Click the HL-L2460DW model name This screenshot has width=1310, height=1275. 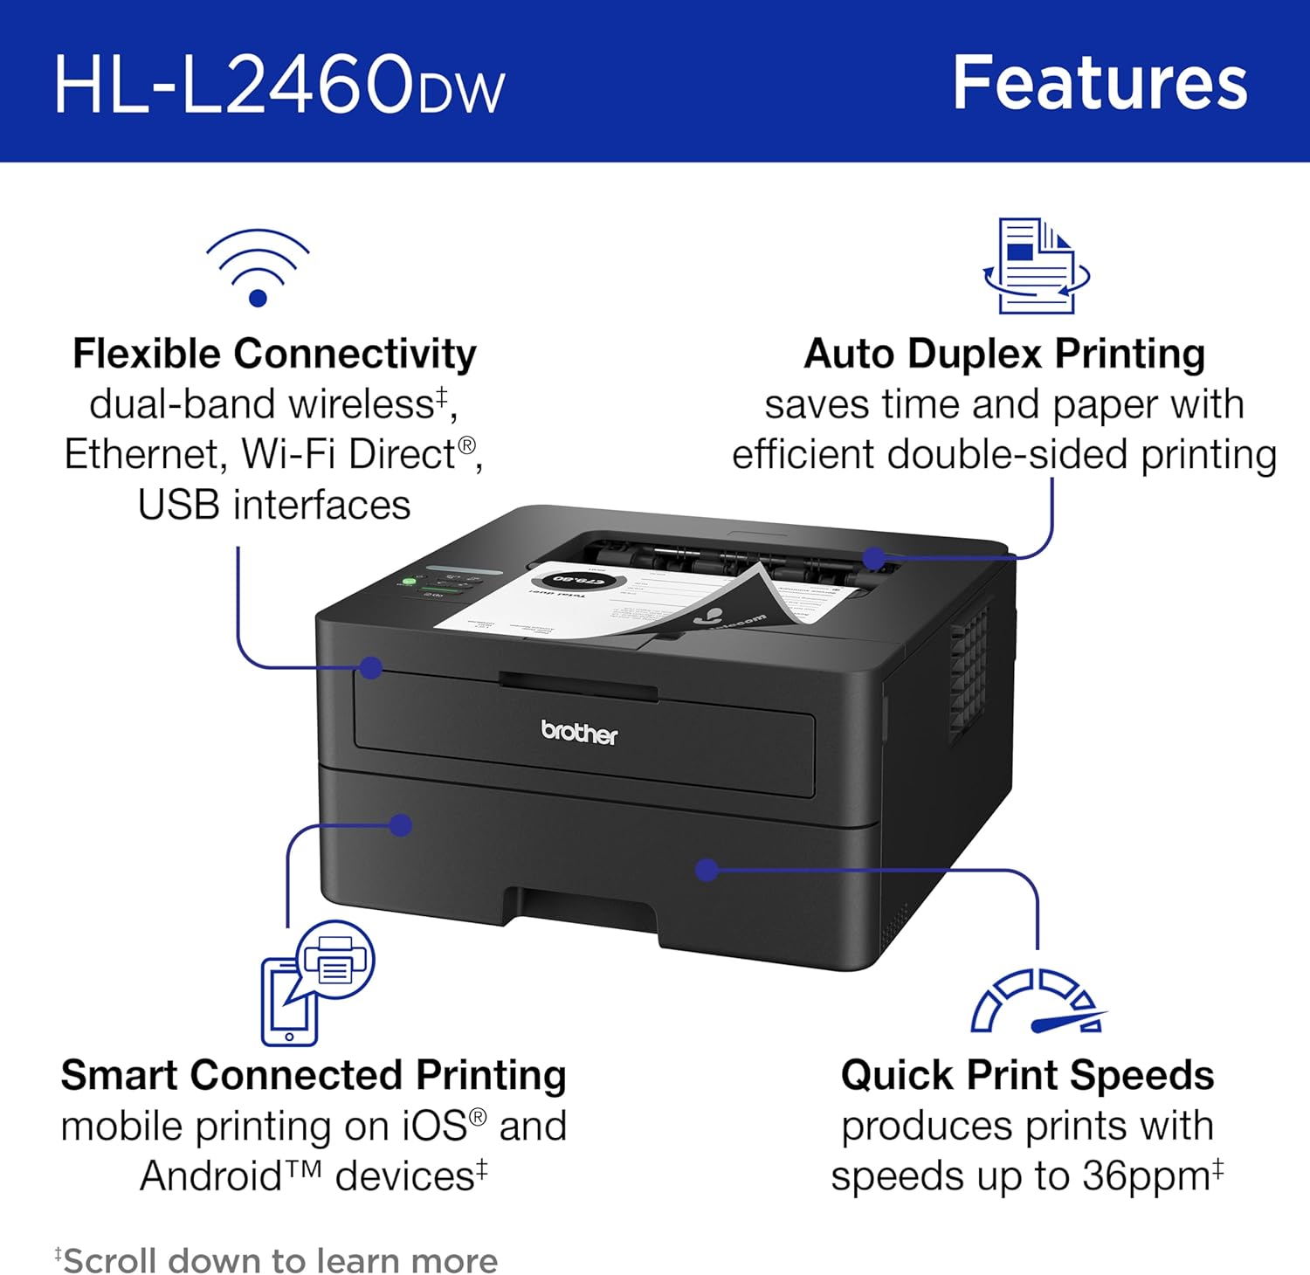click(279, 84)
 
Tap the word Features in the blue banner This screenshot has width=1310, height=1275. click(1100, 83)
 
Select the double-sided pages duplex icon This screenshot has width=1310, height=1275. click(1036, 266)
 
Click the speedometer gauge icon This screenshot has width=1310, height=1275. click(1037, 1002)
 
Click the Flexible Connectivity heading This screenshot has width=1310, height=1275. click(274, 354)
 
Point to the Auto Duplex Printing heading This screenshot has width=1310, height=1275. click(1004, 354)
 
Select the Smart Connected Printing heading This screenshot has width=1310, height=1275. click(313, 1075)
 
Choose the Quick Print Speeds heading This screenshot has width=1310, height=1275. click(1027, 1075)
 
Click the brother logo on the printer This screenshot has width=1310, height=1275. click(579, 732)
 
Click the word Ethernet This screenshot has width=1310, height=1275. click(145, 454)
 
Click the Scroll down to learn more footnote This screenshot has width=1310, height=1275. click(277, 1260)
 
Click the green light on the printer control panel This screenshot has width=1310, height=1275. click(408, 582)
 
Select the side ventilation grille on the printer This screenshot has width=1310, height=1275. click(969, 672)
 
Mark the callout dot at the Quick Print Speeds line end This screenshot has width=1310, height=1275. click(707, 870)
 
